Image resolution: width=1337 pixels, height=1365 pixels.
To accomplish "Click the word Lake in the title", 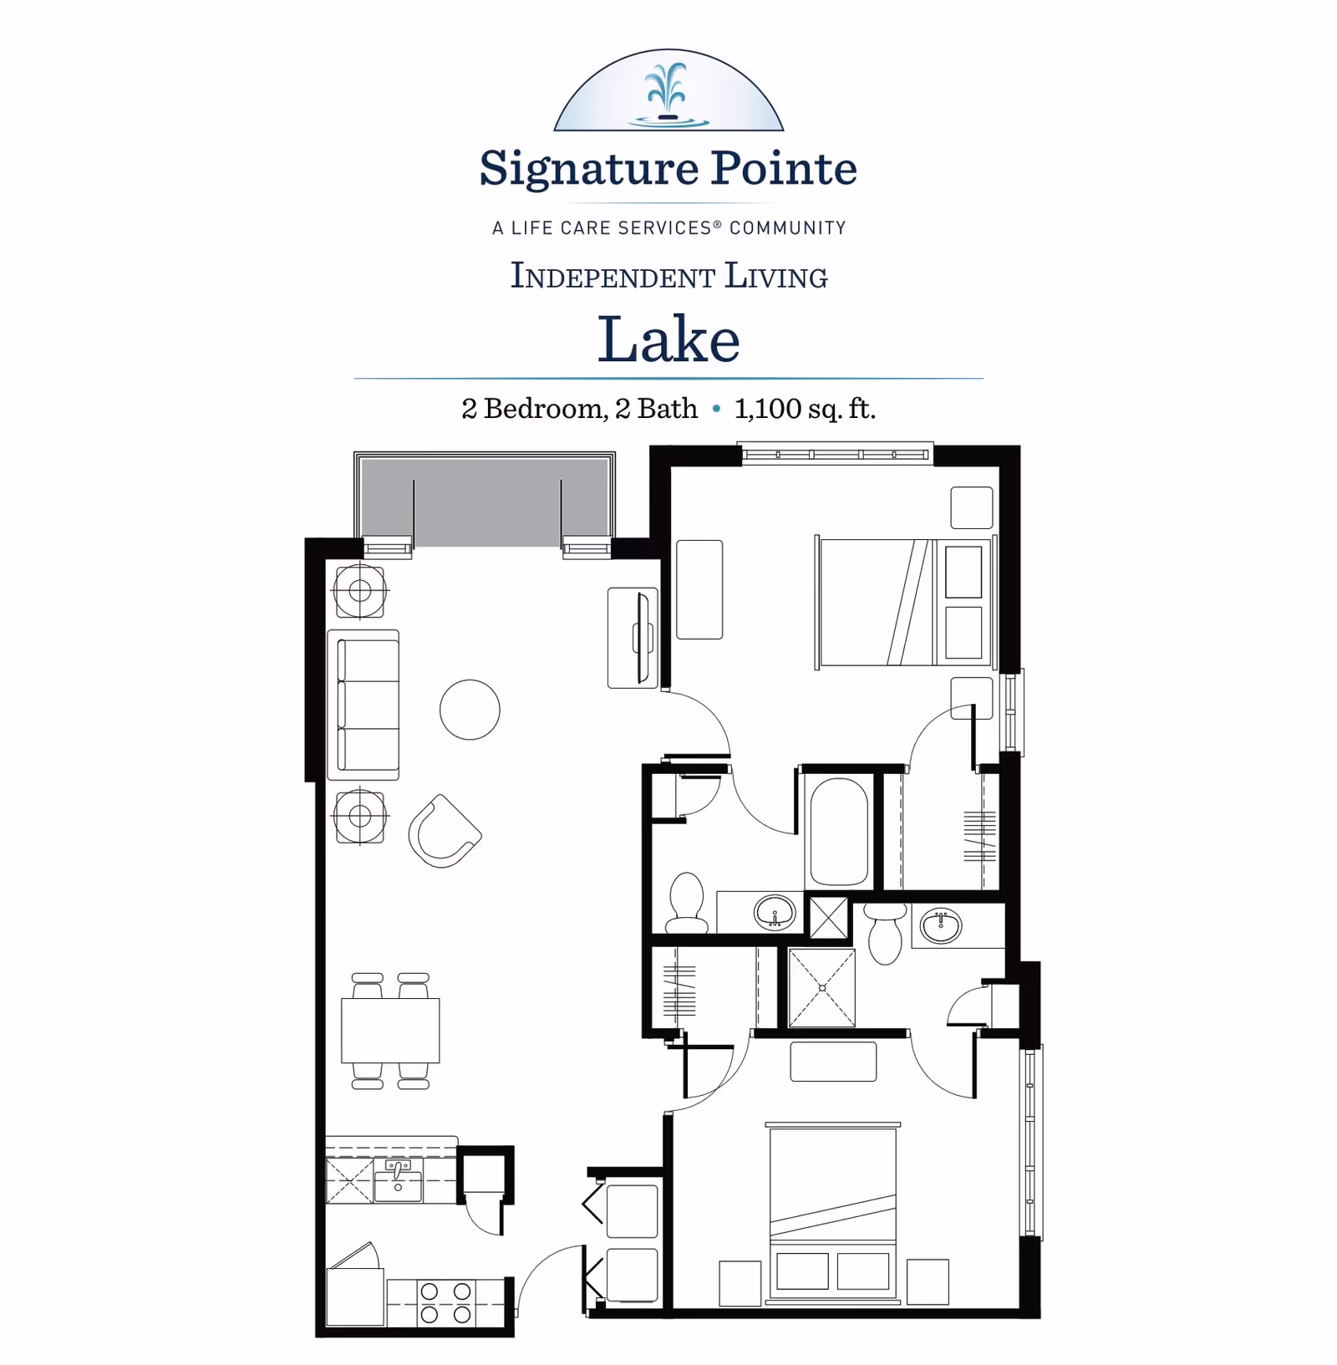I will click(668, 339).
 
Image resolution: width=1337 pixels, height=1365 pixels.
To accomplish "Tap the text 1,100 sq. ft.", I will click(805, 409).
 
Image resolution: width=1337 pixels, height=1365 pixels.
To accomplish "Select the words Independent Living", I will click(668, 277).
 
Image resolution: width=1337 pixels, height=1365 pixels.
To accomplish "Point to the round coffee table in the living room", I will click(470, 710).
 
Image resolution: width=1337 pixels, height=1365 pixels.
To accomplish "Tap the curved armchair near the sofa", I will click(444, 832).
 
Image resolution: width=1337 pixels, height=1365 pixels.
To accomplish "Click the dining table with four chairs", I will click(390, 1031).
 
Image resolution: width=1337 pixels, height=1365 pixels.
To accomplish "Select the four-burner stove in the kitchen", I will click(445, 1302).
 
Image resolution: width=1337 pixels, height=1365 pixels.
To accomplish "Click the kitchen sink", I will click(398, 1181).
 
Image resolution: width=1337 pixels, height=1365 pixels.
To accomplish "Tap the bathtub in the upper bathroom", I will click(839, 832).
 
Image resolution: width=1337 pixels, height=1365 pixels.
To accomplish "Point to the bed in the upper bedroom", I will click(902, 602).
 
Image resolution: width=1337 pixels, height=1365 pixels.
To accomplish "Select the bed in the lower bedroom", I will click(832, 1212).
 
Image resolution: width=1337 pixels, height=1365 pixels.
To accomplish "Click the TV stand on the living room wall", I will click(633, 638).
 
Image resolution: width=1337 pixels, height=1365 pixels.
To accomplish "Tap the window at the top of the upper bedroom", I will click(836, 454).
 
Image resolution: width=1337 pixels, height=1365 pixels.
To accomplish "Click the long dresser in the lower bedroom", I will click(833, 1062).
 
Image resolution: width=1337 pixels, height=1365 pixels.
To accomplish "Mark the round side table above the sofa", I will click(360, 591).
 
